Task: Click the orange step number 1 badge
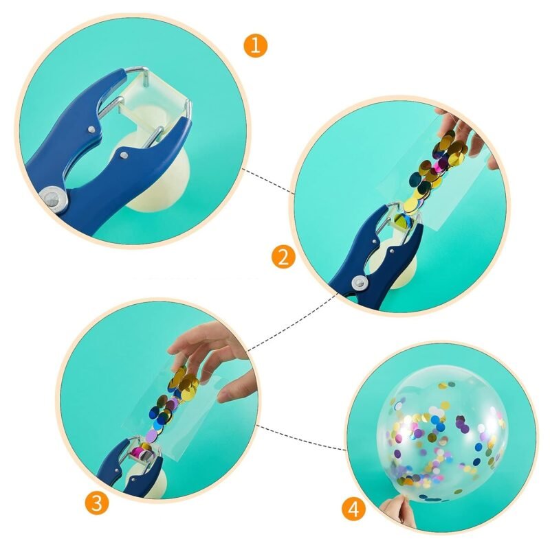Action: tap(255, 45)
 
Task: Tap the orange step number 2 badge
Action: tap(283, 257)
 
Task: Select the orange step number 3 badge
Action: tap(96, 503)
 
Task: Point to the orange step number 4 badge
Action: tap(353, 509)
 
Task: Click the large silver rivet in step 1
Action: tap(54, 200)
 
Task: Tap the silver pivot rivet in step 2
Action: tap(360, 282)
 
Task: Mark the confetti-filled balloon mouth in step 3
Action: tap(144, 451)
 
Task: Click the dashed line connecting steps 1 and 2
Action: tap(269, 182)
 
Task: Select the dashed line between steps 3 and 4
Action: tap(302, 437)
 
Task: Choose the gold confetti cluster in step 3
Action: tap(184, 382)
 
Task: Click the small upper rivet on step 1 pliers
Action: tap(91, 129)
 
